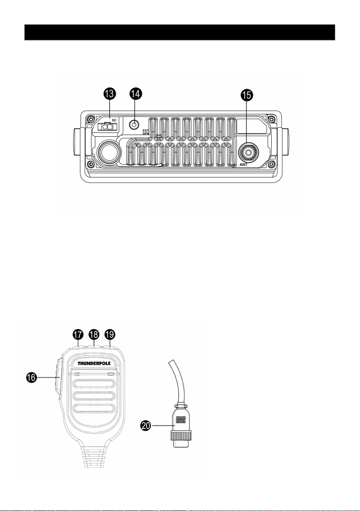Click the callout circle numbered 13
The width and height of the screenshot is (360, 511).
(109, 94)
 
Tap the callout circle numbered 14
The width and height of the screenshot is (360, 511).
(135, 94)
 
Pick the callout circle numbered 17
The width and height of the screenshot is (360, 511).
(78, 335)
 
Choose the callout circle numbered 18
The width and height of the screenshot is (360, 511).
(93, 335)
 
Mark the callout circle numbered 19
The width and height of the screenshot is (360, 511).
(109, 335)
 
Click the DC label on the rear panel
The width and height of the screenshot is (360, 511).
(114, 120)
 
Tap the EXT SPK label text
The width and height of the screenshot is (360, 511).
(146, 132)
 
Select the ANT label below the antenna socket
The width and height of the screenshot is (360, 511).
(243, 165)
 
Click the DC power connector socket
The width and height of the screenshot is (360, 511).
(107, 127)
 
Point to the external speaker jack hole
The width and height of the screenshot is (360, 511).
(134, 124)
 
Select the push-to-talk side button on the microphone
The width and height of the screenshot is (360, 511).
(58, 378)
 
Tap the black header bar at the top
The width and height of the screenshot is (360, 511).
(180, 32)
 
